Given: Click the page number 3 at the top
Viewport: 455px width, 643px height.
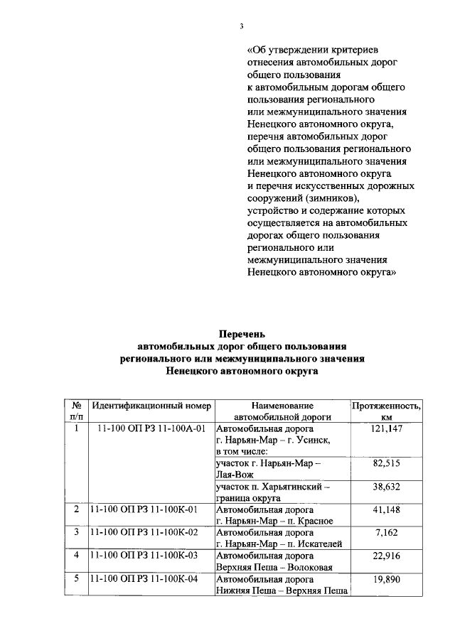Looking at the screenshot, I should tap(241, 26).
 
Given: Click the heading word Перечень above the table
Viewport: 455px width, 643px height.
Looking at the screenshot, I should tap(241, 333).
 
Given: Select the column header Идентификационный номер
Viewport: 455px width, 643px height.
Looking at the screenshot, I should tap(151, 406).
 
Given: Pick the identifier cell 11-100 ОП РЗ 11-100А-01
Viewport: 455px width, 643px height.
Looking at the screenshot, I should tap(151, 429).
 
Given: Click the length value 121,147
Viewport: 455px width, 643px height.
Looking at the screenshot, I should tap(387, 429).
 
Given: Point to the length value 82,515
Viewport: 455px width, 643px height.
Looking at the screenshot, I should tap(387, 463).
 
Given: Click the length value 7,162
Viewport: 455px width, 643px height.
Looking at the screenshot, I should tap(387, 533).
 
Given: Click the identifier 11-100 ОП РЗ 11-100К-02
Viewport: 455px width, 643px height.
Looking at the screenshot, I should tap(143, 533).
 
